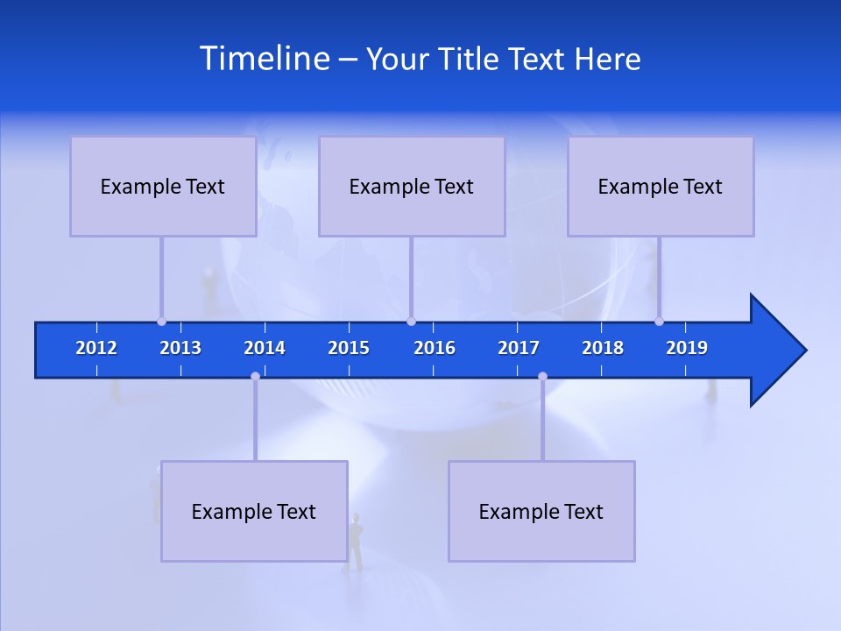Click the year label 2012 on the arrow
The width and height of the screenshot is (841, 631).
[96, 348]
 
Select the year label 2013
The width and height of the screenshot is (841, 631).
[180, 348]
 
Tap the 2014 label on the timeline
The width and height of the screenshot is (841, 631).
[265, 348]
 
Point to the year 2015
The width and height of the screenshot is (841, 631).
[349, 348]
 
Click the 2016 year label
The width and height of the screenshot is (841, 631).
[435, 348]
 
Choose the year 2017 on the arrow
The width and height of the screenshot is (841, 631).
[519, 348]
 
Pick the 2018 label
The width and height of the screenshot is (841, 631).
[603, 348]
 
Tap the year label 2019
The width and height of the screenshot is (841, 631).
[687, 348]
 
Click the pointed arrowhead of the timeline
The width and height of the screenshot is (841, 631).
[780, 351]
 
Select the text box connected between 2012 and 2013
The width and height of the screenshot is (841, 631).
[163, 186]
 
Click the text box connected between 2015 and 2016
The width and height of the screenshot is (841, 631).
[412, 186]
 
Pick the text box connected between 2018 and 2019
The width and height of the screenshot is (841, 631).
[661, 186]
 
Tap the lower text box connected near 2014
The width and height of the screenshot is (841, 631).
[254, 511]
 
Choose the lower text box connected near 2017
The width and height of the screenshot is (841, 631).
[541, 511]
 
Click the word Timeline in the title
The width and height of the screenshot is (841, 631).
[264, 59]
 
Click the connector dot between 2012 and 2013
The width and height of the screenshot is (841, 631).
[161, 322]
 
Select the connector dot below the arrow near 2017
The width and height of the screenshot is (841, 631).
[542, 376]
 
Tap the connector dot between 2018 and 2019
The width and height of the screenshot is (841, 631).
[659, 322]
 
